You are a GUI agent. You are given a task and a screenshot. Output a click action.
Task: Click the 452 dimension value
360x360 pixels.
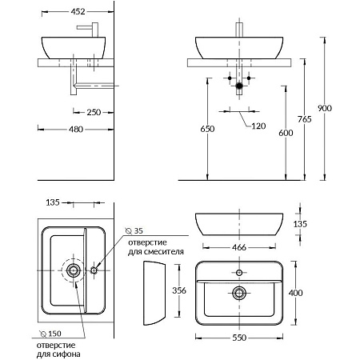click(x=78, y=11)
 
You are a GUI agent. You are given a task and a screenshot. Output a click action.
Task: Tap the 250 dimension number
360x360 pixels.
click(x=94, y=112)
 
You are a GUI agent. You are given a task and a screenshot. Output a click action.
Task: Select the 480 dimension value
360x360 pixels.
click(x=76, y=130)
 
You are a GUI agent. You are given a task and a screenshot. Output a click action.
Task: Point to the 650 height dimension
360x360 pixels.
click(x=207, y=129)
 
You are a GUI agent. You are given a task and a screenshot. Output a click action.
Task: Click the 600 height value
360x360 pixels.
click(x=286, y=133)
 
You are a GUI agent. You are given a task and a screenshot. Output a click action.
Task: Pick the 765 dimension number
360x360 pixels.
click(x=305, y=119)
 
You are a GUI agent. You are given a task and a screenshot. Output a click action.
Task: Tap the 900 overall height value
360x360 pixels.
click(x=325, y=108)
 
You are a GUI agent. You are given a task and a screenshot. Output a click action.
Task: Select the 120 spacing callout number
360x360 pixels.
click(x=258, y=126)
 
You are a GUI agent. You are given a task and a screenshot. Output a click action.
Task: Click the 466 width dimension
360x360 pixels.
click(x=239, y=247)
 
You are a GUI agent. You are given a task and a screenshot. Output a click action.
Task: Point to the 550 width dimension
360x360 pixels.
click(x=239, y=338)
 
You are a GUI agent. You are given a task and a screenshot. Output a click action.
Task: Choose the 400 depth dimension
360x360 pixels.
click(x=295, y=293)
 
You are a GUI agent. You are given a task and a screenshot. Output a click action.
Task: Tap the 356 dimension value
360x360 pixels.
click(x=179, y=290)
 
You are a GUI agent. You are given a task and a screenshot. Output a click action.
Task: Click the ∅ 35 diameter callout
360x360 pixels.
click(x=134, y=230)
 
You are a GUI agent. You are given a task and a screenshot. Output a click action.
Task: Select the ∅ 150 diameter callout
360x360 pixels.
click(x=50, y=334)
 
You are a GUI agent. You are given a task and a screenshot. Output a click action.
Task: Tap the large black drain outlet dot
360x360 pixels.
click(x=239, y=86)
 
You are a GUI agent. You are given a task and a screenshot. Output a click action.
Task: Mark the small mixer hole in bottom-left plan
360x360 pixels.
click(x=94, y=270)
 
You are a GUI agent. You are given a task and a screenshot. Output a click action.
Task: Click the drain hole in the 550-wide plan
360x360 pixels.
click(x=239, y=293)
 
